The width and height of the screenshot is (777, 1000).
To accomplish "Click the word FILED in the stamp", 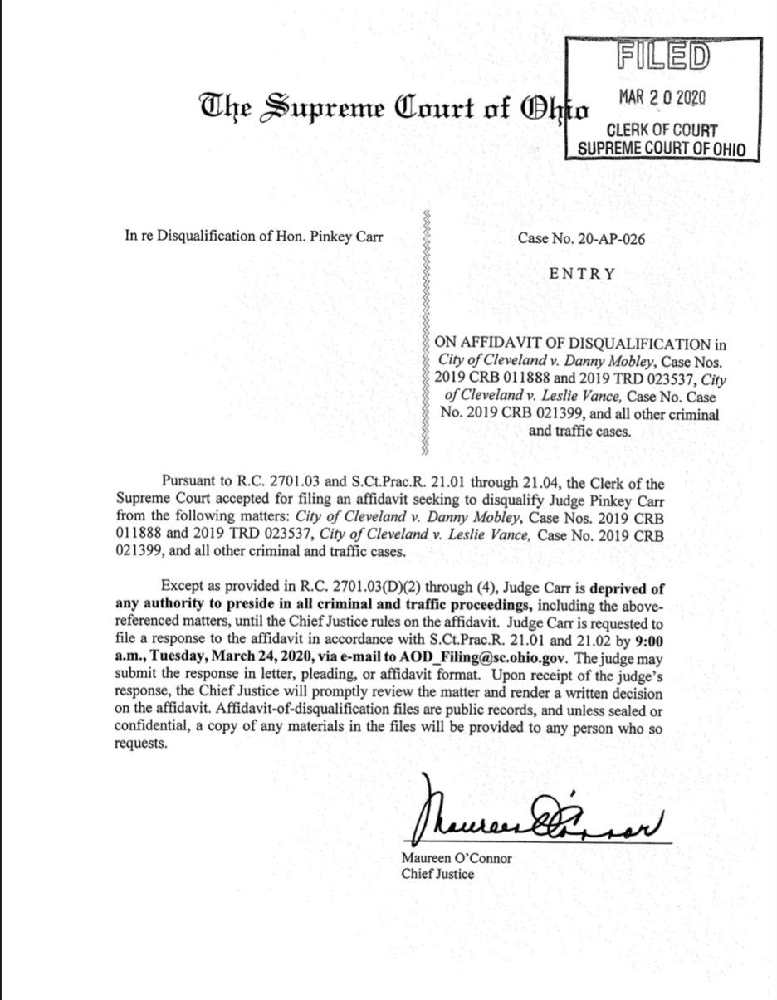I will pos(663,56).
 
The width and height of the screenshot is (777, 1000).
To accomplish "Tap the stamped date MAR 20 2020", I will pos(662,96).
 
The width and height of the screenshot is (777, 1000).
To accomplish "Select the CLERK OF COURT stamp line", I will pos(662,130).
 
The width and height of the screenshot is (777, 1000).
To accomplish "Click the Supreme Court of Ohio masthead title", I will pos(393,108).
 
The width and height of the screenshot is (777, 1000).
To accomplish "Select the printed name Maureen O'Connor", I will pos(457,858).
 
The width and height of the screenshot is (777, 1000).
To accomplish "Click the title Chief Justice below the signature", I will pos(437,874).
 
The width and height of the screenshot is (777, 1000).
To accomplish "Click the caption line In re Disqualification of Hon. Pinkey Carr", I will pos(254,236).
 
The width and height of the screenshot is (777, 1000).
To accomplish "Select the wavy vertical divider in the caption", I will pos(426,332).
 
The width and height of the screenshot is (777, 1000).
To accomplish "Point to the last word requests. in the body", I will pos(140,744).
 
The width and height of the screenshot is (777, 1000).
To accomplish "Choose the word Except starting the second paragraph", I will pos(181,588).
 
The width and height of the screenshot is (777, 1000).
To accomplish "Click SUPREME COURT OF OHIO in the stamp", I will pos(662,149).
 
